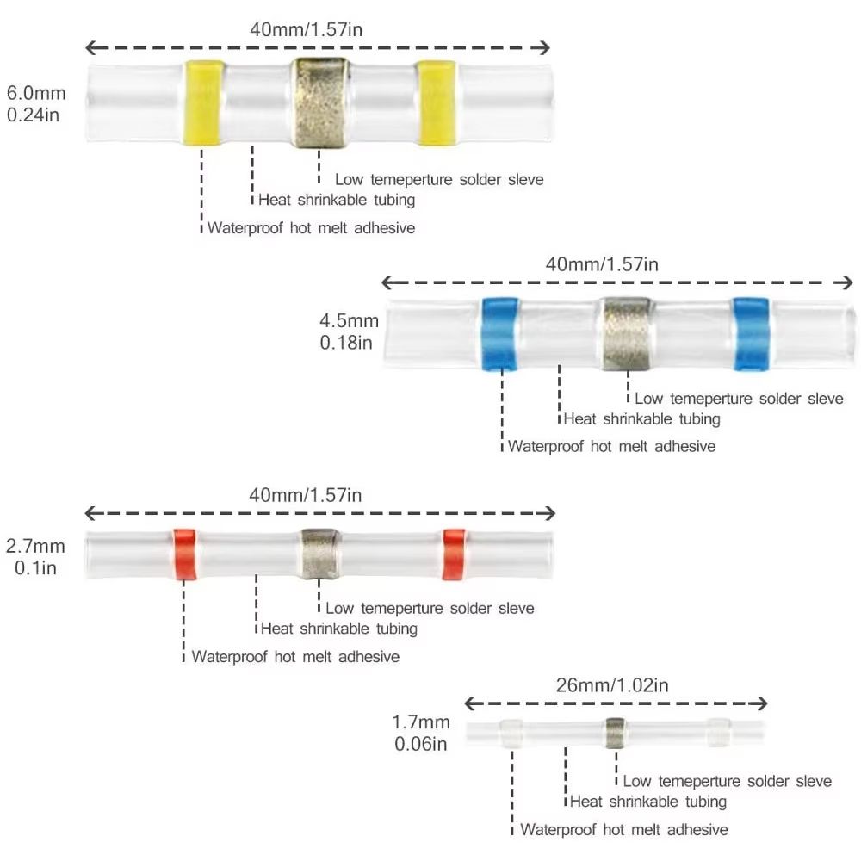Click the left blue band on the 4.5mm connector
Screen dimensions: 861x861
click(x=500, y=333)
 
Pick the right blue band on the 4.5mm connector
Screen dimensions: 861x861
click(x=751, y=333)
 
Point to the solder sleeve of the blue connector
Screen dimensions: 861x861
click(x=626, y=333)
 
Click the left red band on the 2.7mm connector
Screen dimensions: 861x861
click(x=183, y=554)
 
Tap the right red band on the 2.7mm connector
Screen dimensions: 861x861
click(x=454, y=554)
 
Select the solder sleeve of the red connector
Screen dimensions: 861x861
click(x=320, y=553)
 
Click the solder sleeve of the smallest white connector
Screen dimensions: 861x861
click(x=615, y=733)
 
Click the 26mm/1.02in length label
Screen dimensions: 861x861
click(x=613, y=685)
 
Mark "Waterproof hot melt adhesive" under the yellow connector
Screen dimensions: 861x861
click(x=311, y=228)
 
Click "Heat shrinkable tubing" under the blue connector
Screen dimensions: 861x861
click(x=641, y=419)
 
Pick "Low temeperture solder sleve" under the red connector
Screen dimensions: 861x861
click(x=430, y=609)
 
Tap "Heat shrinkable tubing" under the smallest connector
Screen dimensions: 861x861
click(x=648, y=802)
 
